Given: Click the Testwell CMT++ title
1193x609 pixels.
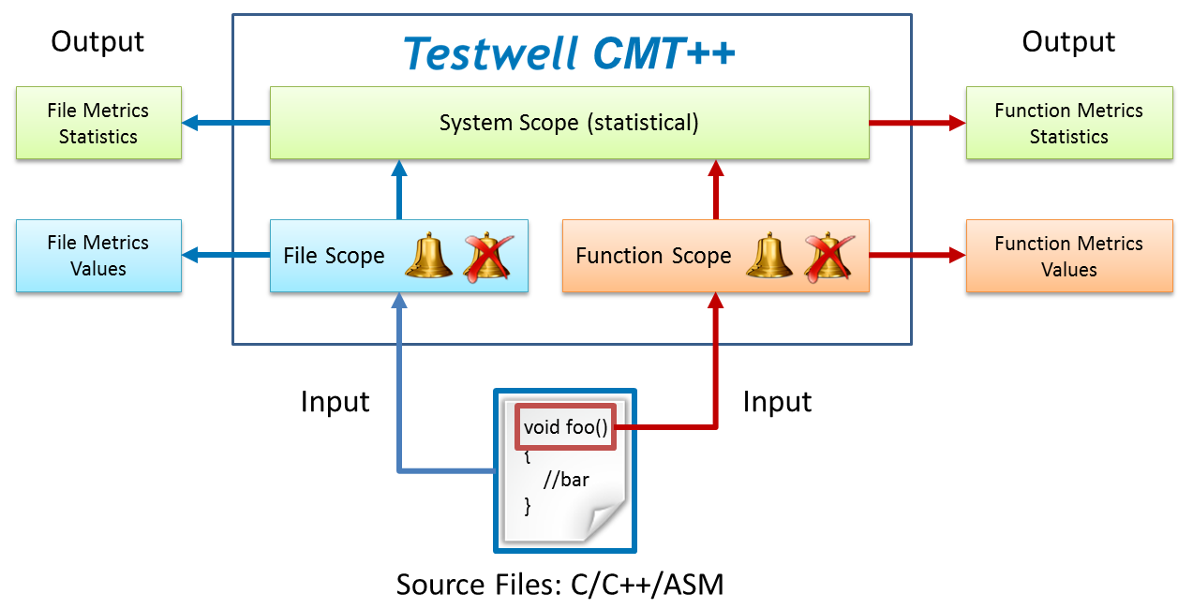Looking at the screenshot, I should [x=570, y=53].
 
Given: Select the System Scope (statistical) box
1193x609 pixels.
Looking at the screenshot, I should [x=569, y=123].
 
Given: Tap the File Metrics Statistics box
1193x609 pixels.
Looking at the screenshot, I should [x=98, y=123].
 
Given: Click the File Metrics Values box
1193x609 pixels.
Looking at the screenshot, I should [x=98, y=256].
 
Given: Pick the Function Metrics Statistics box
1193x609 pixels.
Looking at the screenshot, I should [x=1068, y=123].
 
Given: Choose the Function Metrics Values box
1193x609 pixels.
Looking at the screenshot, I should [x=1068, y=256].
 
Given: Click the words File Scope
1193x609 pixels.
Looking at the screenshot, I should [x=334, y=256].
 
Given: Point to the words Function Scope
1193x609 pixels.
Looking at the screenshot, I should [x=653, y=256].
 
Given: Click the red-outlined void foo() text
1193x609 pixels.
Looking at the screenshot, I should [x=566, y=428].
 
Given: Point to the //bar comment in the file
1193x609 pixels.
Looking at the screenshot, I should [x=566, y=481].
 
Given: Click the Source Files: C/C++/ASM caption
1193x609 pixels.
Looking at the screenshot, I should [x=559, y=585].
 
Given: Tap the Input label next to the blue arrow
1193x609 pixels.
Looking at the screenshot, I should [x=335, y=402].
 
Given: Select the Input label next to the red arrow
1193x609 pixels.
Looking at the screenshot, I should [x=777, y=402].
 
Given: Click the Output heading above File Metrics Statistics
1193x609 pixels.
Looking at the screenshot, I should [x=97, y=41].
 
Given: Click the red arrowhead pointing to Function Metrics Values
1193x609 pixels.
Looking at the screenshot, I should [x=957, y=255].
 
